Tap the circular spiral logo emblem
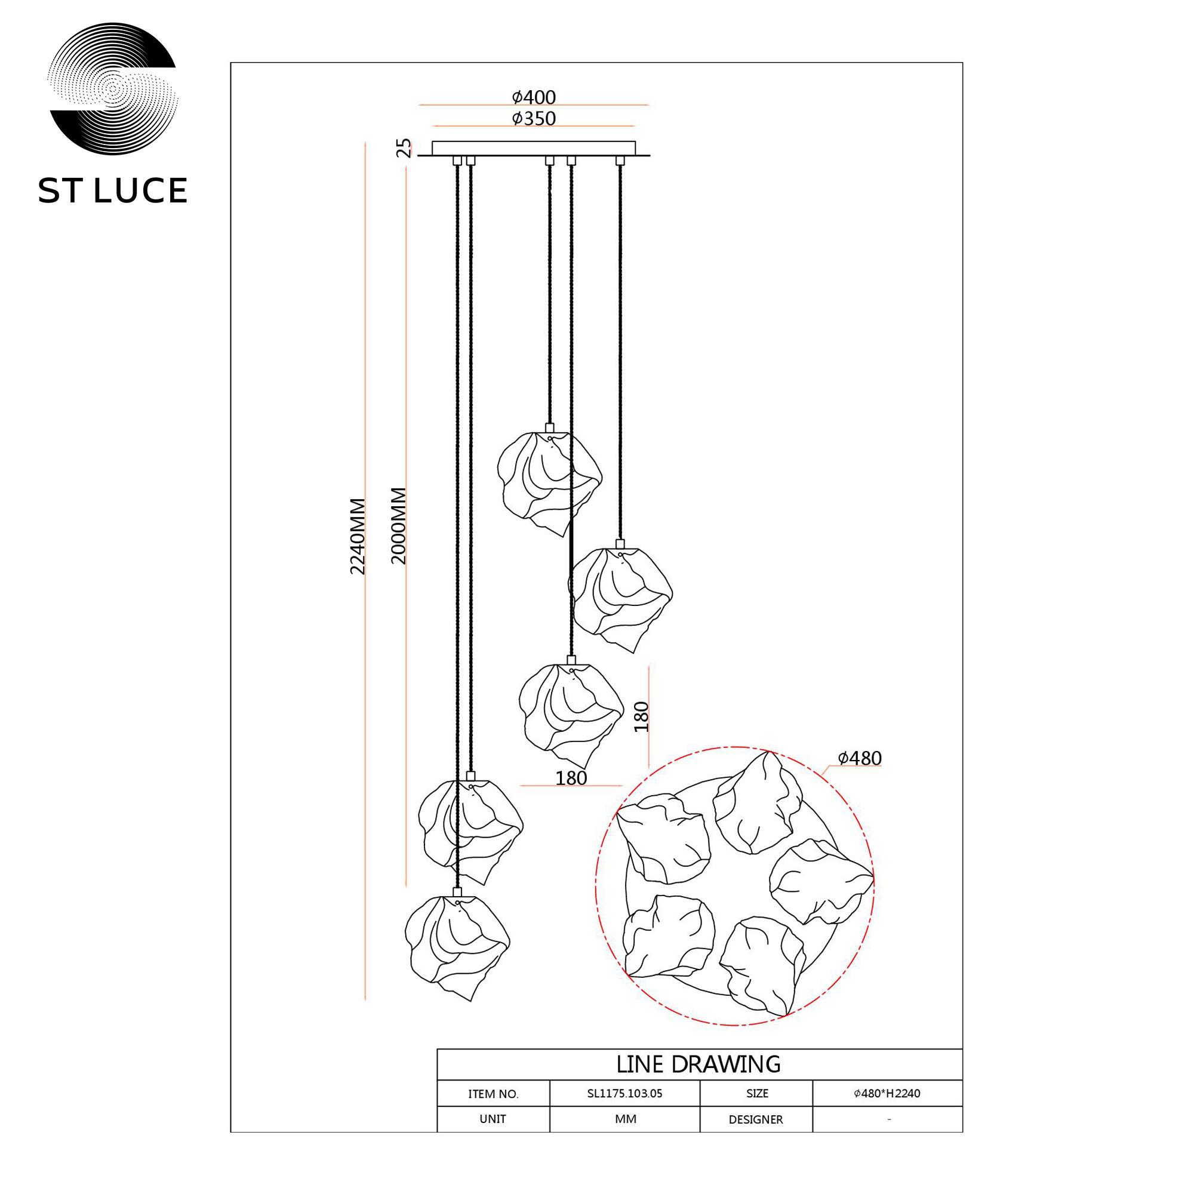[x=112, y=88]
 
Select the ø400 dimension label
[x=534, y=97]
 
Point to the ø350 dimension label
[x=534, y=118]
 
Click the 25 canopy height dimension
[x=403, y=147]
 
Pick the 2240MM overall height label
[x=357, y=537]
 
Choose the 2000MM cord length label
[x=399, y=526]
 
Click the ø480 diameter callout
[x=860, y=758]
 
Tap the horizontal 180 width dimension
[x=571, y=778]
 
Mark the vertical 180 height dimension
[x=642, y=717]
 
